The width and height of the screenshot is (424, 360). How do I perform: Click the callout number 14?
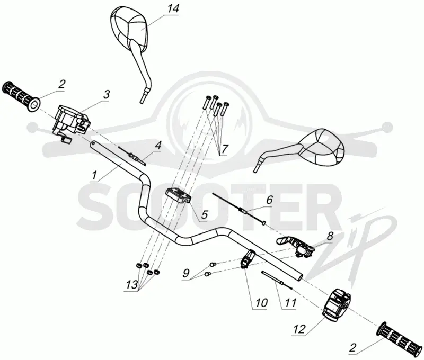tap(173, 8)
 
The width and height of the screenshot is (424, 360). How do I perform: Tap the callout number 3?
tap(107, 95)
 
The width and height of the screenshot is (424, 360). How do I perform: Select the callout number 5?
tap(204, 215)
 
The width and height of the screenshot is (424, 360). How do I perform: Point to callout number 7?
tap(225, 149)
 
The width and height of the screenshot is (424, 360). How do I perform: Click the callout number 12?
tap(300, 329)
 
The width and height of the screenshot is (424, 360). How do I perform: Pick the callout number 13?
tap(131, 285)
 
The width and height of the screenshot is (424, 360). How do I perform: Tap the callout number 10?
tap(261, 303)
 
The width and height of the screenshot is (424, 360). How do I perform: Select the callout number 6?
tap(269, 200)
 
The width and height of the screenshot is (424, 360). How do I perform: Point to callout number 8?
tap(330, 236)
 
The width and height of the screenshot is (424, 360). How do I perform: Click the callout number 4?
tap(158, 146)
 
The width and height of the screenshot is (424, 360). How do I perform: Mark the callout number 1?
tap(94, 175)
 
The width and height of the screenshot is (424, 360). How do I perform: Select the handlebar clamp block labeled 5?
tap(178, 196)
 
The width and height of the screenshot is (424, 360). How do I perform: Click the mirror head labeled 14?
tap(129, 28)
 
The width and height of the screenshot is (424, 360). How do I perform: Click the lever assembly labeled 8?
tap(296, 246)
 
